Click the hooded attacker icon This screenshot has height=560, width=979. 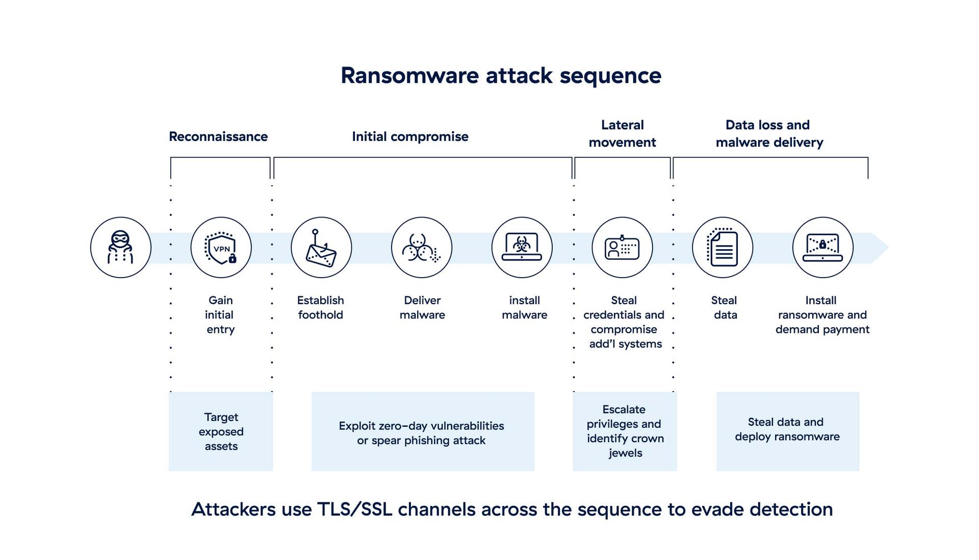[120, 248]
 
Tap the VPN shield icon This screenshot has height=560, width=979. [221, 248]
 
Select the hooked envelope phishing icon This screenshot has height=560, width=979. [321, 248]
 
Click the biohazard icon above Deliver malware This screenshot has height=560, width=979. [421, 248]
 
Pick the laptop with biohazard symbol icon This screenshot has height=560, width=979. [522, 248]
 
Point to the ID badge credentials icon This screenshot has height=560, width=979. [622, 248]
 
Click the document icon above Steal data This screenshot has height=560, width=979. [723, 248]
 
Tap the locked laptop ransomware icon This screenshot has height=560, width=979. [822, 248]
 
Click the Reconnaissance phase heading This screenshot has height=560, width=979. [218, 137]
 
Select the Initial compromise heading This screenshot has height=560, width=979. [410, 137]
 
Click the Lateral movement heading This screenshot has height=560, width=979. [622, 134]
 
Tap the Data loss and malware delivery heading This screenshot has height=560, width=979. [769, 134]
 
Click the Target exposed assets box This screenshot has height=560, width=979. [221, 431]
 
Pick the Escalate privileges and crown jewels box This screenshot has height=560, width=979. [625, 431]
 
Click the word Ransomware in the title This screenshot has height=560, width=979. [409, 76]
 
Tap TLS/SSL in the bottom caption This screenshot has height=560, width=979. [354, 509]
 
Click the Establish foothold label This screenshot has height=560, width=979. [320, 307]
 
